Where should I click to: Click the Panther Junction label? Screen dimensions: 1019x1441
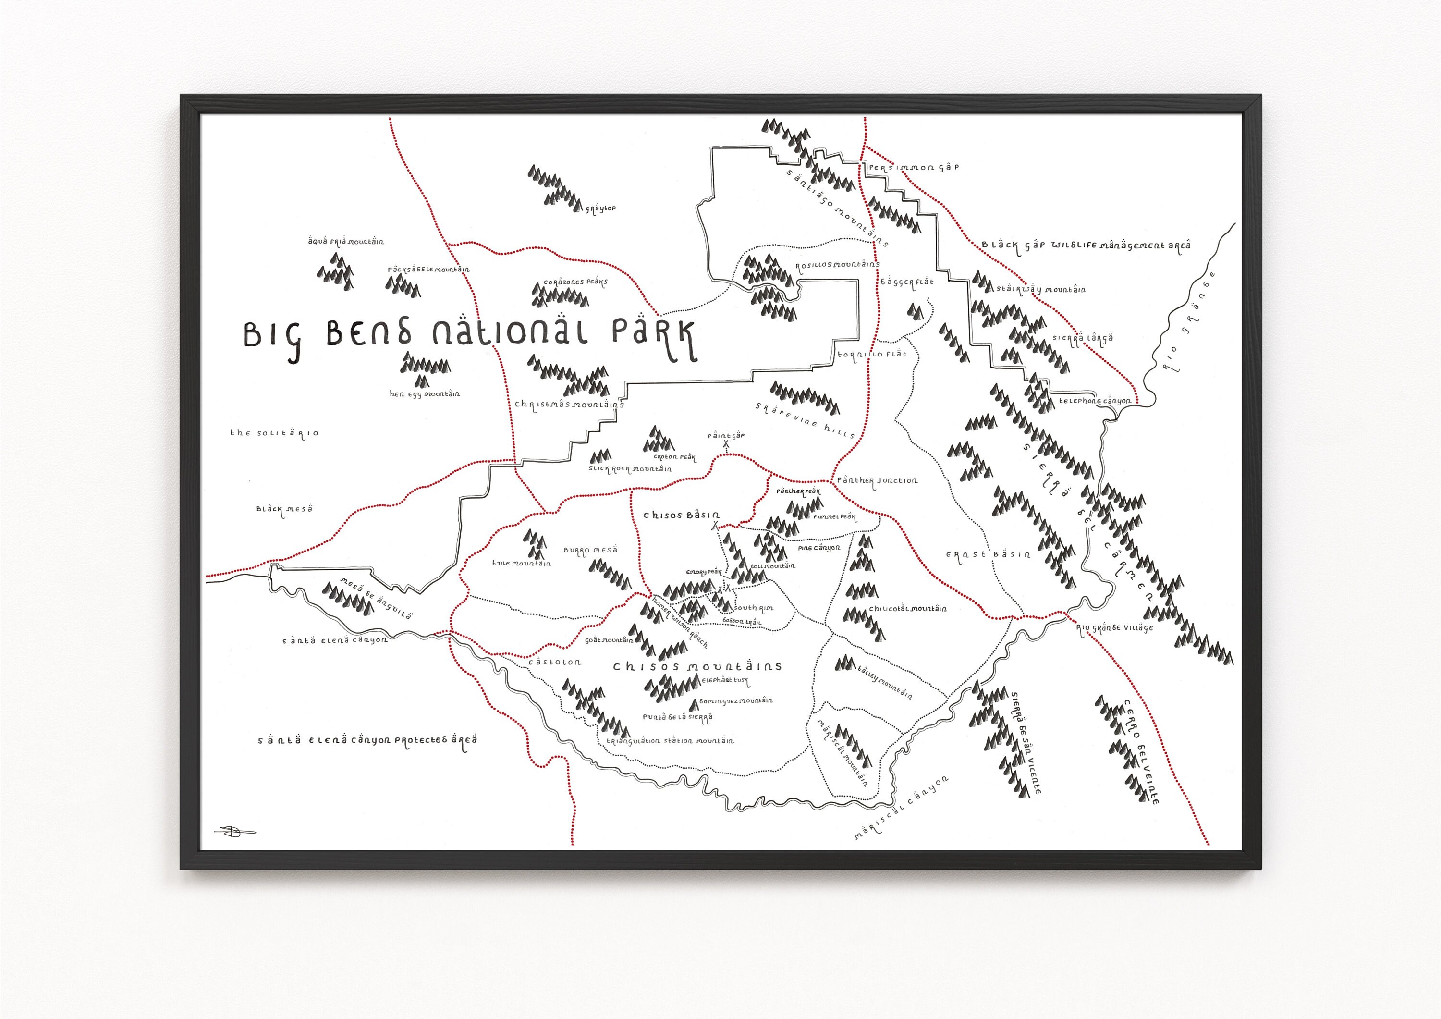(877, 481)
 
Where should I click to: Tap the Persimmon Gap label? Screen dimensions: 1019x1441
(913, 168)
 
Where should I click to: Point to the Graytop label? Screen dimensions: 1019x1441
(600, 209)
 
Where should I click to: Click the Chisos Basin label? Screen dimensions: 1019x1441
(682, 516)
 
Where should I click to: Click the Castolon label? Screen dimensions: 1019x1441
(555, 662)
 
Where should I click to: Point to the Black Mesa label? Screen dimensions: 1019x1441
(284, 509)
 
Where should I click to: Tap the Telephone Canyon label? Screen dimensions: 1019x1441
(1095, 401)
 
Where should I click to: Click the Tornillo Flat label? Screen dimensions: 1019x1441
(872, 354)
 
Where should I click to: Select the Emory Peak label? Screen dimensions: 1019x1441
(704, 573)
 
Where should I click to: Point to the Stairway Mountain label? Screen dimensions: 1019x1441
(1040, 289)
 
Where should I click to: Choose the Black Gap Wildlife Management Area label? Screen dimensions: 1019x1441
(1086, 246)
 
